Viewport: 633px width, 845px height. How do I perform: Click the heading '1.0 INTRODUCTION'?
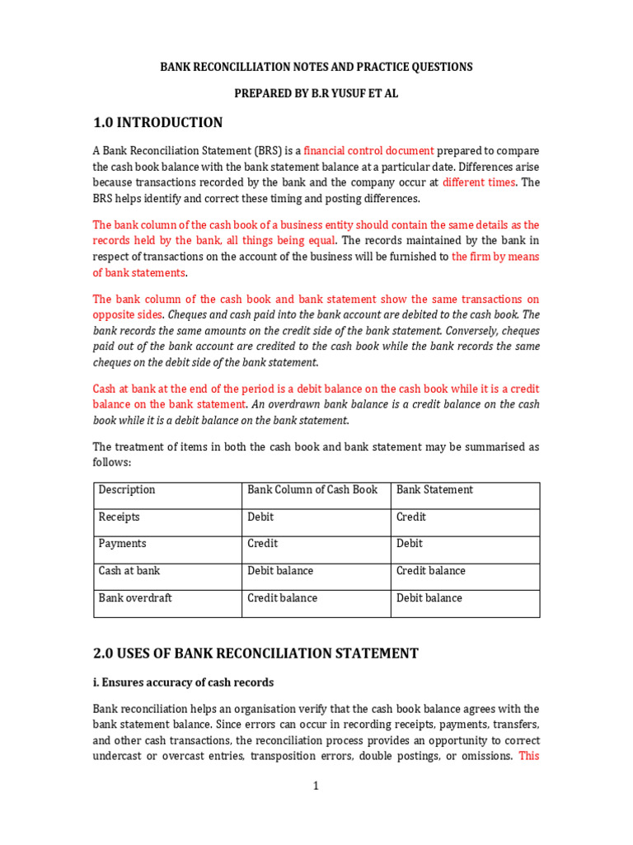pyautogui.click(x=157, y=123)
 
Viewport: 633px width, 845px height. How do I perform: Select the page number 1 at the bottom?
pyautogui.click(x=316, y=786)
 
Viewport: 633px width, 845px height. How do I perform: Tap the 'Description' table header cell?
pyautogui.click(x=127, y=490)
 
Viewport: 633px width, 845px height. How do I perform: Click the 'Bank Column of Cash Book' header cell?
pyautogui.click(x=312, y=490)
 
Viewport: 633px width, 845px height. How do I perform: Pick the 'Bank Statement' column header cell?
pyautogui.click(x=434, y=490)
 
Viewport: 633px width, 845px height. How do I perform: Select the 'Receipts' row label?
pyautogui.click(x=120, y=517)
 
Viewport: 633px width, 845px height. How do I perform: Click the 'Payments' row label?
pyautogui.click(x=123, y=544)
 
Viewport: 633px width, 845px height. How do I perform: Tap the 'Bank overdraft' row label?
pyautogui.click(x=135, y=598)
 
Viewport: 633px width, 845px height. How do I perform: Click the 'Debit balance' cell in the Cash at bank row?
pyautogui.click(x=280, y=571)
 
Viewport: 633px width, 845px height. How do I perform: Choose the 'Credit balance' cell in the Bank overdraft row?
pyautogui.click(x=282, y=598)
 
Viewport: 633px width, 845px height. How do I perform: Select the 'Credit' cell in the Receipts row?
pyautogui.click(x=411, y=517)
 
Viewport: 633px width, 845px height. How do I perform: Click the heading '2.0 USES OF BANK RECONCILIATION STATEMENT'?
pyautogui.click(x=256, y=654)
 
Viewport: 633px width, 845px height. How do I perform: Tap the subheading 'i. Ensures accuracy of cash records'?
pyautogui.click(x=183, y=683)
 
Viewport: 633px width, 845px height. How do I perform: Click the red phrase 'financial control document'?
pyautogui.click(x=368, y=151)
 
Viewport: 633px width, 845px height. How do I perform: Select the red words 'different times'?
pyautogui.click(x=478, y=182)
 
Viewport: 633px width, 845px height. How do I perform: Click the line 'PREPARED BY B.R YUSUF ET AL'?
pyautogui.click(x=316, y=94)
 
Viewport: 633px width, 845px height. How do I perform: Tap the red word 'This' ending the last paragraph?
pyautogui.click(x=528, y=756)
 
